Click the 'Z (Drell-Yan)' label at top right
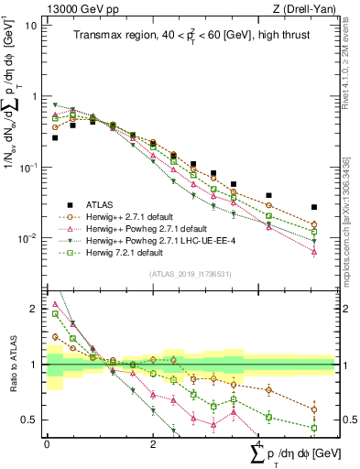click(x=300, y=9)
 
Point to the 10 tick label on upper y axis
click(x=32, y=26)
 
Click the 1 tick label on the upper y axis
click(x=35, y=97)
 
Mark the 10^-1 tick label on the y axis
click(x=29, y=168)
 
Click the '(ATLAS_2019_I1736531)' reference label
click(x=191, y=274)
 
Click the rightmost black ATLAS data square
click(x=314, y=207)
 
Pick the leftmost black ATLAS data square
click(x=55, y=137)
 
